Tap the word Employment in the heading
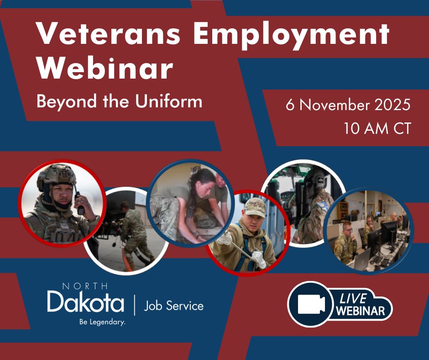pos(291,36)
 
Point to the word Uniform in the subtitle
pos(168,101)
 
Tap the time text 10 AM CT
pos(377,128)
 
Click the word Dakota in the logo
pos(86,302)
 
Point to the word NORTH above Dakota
pos(85,286)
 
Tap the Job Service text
pos(174,306)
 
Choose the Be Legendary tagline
pos(102,322)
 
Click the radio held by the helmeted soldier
pos(79,204)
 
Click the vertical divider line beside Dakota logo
pos(134,305)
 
